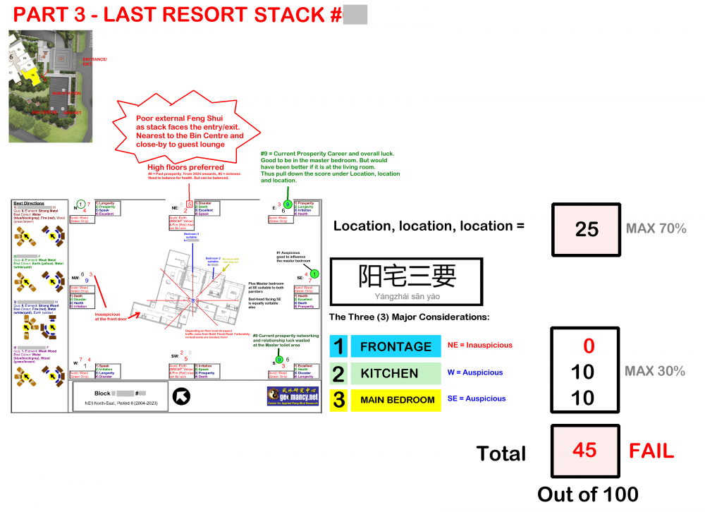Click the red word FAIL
651,451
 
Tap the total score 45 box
585,451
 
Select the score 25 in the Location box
586,229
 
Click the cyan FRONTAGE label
396,346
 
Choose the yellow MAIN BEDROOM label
397,400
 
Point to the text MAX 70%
656,229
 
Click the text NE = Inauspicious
479,346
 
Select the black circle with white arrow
181,396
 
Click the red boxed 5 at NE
189,204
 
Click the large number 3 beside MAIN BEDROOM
339,400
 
